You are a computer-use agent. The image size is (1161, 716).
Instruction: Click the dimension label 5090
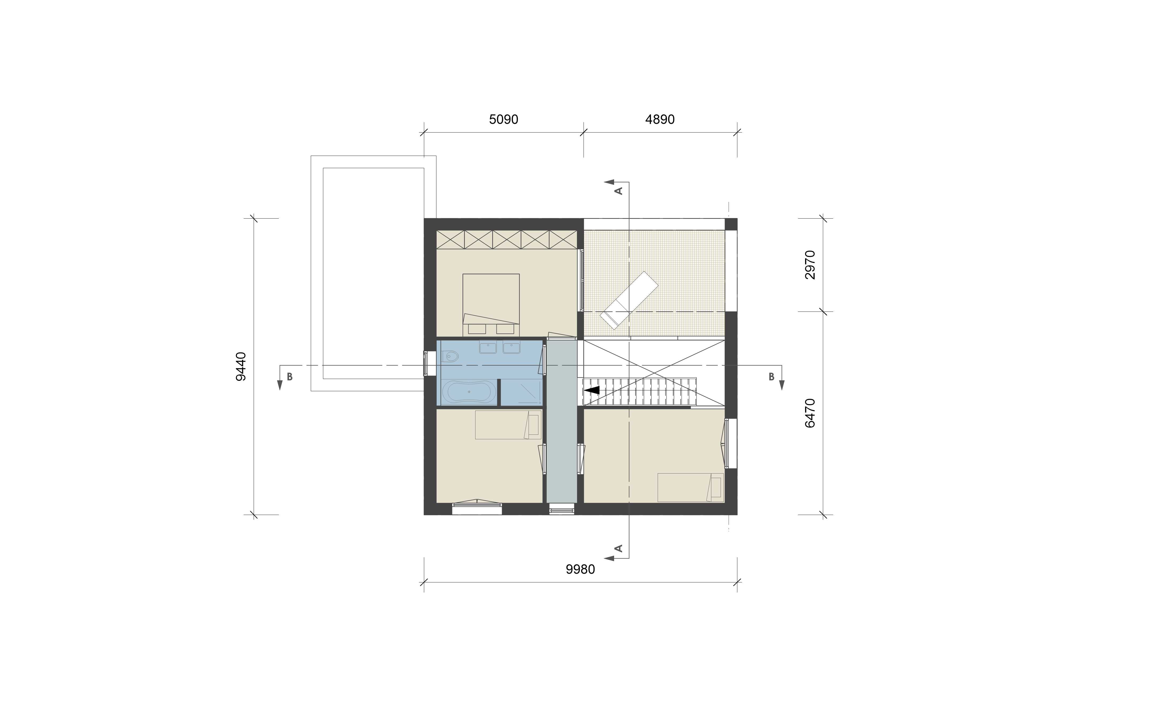pyautogui.click(x=503, y=119)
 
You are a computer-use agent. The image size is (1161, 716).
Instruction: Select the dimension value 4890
pyautogui.click(x=660, y=119)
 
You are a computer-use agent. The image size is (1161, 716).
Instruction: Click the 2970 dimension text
pyautogui.click(x=810, y=265)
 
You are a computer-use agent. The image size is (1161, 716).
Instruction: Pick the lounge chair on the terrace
pyautogui.click(x=629, y=300)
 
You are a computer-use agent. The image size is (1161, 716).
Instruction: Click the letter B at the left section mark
pyautogui.click(x=290, y=377)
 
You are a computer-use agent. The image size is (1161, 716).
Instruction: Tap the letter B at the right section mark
pyautogui.click(x=771, y=377)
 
